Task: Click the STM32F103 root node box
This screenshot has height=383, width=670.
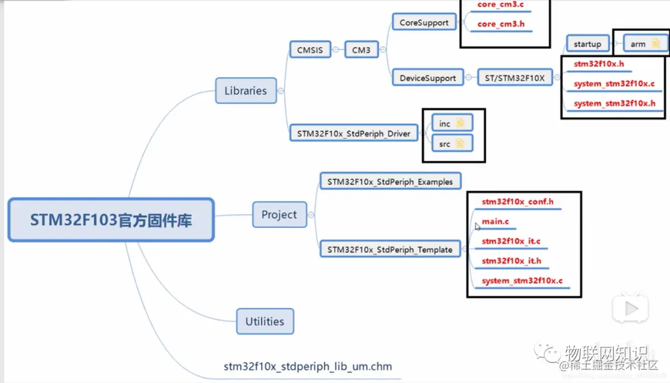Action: point(111,220)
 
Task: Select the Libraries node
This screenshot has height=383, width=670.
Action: point(246,90)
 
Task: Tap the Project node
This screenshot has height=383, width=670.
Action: point(279,214)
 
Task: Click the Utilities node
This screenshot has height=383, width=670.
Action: point(265,321)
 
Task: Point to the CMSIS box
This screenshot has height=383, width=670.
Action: point(310,50)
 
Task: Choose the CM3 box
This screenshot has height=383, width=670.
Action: point(361,50)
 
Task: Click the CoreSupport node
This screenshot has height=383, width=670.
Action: point(424,22)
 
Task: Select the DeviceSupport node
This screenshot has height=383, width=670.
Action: point(427,78)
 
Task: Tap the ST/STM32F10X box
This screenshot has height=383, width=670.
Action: point(514,78)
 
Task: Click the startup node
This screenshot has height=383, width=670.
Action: point(587,44)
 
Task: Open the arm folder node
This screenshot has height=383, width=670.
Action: point(645,44)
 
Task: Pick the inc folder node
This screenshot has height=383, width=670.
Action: point(452,123)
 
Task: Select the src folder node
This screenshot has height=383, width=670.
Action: point(452,144)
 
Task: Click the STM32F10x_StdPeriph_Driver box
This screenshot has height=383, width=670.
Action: point(354,133)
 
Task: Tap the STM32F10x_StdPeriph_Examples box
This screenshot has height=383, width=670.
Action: point(390,182)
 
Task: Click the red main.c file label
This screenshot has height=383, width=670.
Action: point(495,221)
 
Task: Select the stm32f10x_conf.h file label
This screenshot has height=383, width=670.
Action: point(517,201)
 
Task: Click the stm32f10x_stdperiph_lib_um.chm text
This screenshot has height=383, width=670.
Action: point(308,366)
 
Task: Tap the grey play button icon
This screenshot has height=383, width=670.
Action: point(631,309)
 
